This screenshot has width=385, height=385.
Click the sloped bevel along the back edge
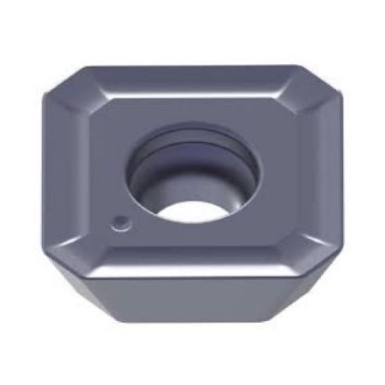pos(186,82)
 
